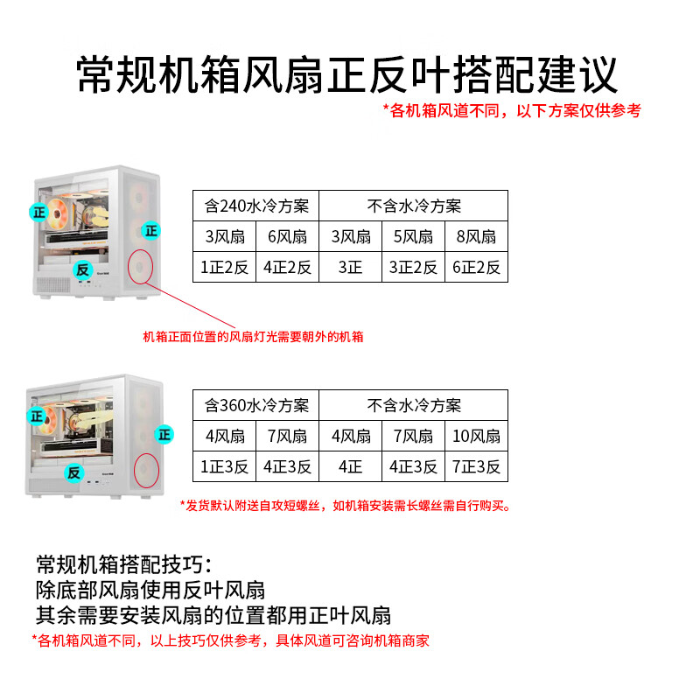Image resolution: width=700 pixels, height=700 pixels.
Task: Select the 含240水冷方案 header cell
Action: pyautogui.click(x=255, y=206)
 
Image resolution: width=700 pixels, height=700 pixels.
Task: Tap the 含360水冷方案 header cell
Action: pyautogui.click(x=255, y=406)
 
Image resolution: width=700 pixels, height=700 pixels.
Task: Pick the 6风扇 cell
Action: pyautogui.click(x=287, y=236)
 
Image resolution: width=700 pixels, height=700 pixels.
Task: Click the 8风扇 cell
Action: pyautogui.click(x=476, y=236)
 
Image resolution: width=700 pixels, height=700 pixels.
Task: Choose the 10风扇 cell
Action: pyautogui.click(x=476, y=436)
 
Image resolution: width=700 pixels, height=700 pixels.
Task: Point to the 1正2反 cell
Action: pyautogui.click(x=224, y=267)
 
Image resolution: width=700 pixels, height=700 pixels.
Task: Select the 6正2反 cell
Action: pyautogui.click(x=476, y=267)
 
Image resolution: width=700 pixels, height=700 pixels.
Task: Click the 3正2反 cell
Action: pyautogui.click(x=413, y=267)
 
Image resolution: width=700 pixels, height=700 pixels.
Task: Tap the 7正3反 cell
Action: pyautogui.click(x=476, y=466)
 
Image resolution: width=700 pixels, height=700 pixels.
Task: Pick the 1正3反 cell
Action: pyautogui.click(x=224, y=466)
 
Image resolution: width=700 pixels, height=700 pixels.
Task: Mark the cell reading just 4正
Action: pyautogui.click(x=350, y=466)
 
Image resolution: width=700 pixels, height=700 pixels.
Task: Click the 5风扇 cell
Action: pyautogui.click(x=413, y=236)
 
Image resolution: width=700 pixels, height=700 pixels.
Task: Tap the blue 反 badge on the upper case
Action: pyautogui.click(x=83, y=269)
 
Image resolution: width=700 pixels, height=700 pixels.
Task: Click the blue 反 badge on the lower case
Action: pyautogui.click(x=73, y=472)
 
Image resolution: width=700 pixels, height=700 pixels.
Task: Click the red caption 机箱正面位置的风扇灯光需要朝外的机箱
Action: pyautogui.click(x=253, y=337)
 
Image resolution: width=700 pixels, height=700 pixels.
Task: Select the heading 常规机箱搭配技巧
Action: pyautogui.click(x=122, y=563)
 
